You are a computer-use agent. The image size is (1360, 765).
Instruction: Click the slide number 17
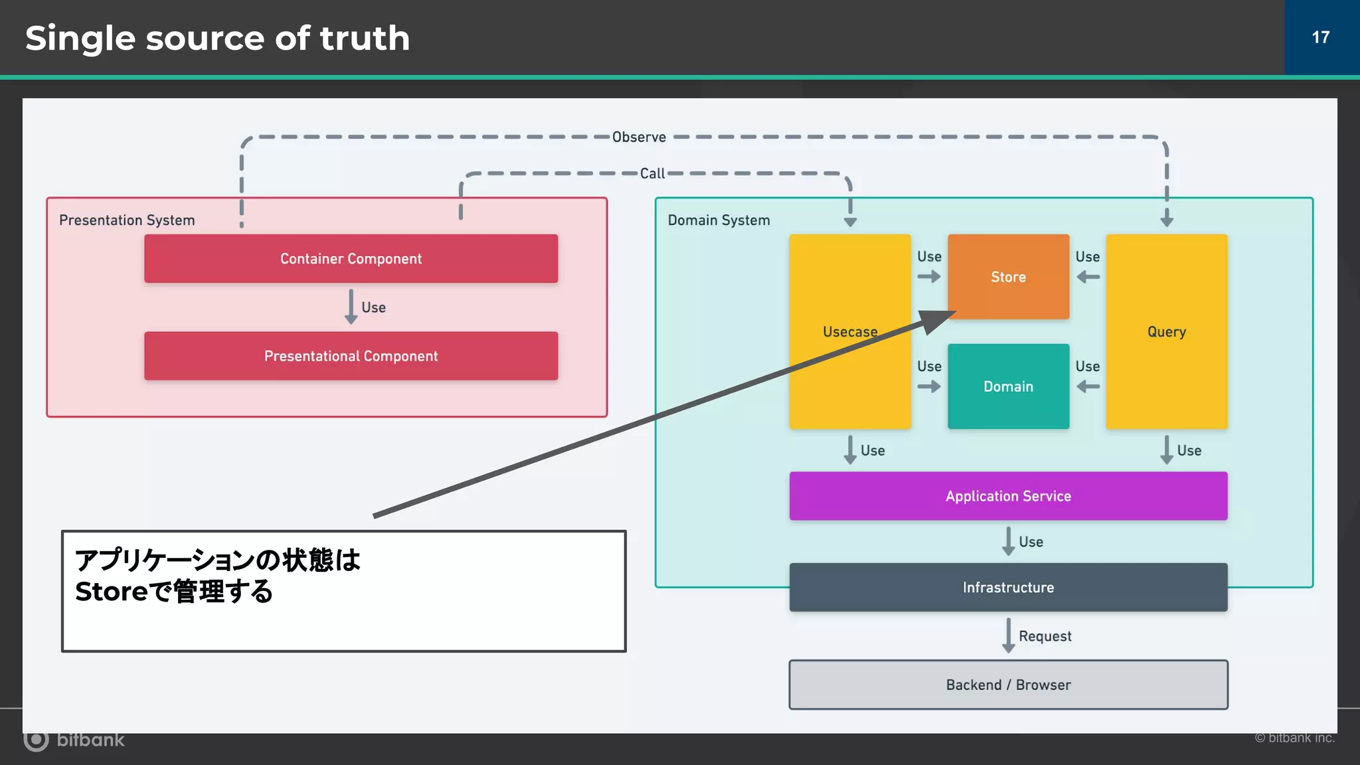pyautogui.click(x=1320, y=37)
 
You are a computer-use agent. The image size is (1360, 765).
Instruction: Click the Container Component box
pyautogui.click(x=351, y=258)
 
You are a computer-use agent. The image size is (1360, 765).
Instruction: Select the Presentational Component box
pyautogui.click(x=351, y=356)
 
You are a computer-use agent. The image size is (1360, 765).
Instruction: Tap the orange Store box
pyautogui.click(x=1008, y=277)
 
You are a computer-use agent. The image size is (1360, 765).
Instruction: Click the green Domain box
pyautogui.click(x=1008, y=386)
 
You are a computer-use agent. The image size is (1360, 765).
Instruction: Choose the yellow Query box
pyautogui.click(x=1166, y=331)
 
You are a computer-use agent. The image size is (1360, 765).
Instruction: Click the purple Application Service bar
pyautogui.click(x=1008, y=496)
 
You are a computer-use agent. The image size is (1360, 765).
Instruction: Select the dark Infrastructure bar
pyautogui.click(x=1008, y=587)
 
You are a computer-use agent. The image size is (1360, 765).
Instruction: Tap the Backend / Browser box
pyautogui.click(x=1008, y=685)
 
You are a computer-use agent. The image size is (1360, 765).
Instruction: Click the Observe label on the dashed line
pyautogui.click(x=639, y=137)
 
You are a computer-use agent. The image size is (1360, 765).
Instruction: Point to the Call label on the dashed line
pyautogui.click(x=652, y=173)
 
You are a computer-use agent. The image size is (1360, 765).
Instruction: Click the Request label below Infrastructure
pyautogui.click(x=1045, y=636)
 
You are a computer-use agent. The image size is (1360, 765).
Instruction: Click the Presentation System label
pyautogui.click(x=127, y=220)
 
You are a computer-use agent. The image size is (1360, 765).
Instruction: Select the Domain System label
pyautogui.click(x=719, y=220)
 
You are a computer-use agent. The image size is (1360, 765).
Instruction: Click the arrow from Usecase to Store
pyautogui.click(x=929, y=276)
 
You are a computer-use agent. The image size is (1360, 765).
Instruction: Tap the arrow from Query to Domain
pyautogui.click(x=1088, y=386)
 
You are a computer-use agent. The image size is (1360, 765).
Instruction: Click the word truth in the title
pyautogui.click(x=365, y=38)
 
